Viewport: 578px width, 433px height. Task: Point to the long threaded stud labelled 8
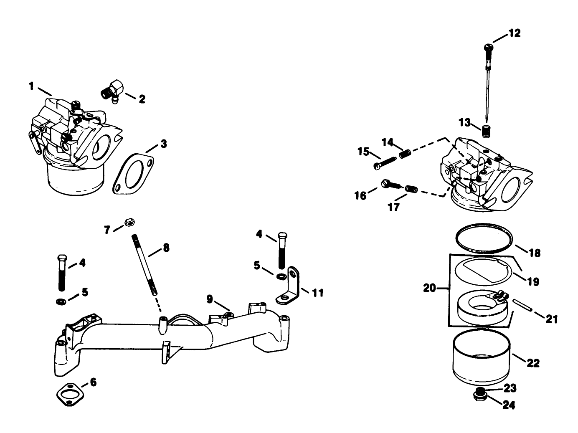(144, 265)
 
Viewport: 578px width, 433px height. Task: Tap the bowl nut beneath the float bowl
(480, 393)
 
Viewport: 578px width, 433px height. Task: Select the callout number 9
(210, 299)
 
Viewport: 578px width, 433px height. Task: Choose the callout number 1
(31, 86)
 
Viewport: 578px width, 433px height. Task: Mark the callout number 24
(509, 405)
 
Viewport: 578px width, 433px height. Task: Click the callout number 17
(394, 206)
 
